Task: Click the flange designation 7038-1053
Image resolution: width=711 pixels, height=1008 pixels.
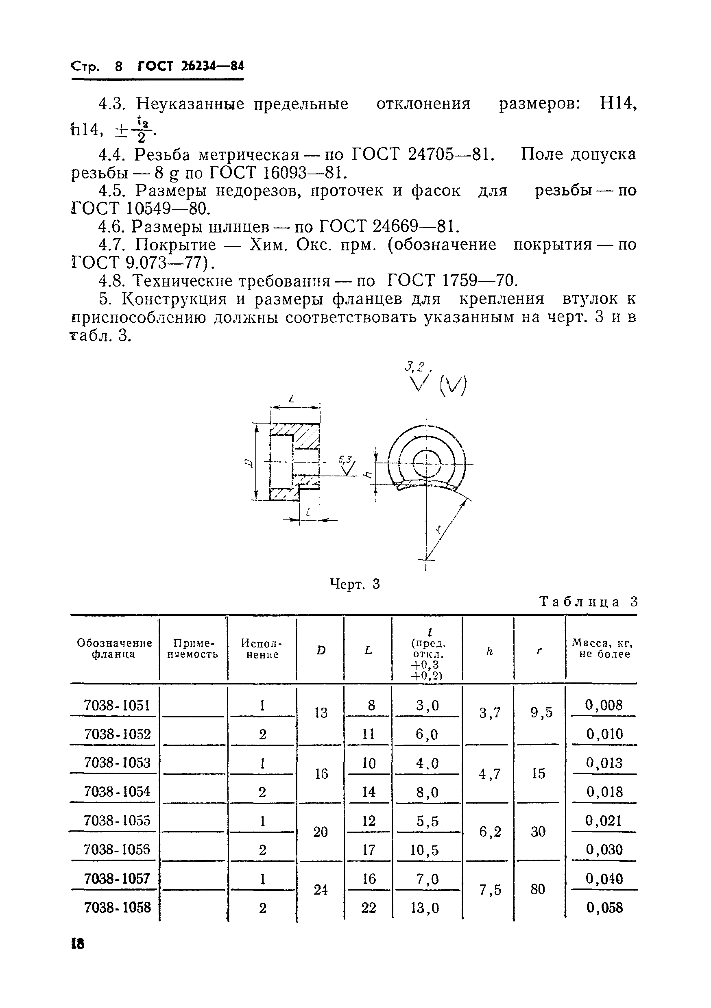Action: (117, 763)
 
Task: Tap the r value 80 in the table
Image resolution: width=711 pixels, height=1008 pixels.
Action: (537, 889)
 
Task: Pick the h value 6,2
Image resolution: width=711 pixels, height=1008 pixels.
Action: (490, 832)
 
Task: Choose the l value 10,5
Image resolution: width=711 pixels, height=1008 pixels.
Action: (425, 850)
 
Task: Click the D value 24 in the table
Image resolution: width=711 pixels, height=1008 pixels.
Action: (321, 889)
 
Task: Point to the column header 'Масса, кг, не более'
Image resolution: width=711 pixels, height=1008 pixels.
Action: (602, 648)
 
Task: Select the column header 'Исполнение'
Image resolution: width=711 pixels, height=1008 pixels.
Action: (262, 648)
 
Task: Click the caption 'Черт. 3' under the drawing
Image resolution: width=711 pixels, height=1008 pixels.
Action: (355, 584)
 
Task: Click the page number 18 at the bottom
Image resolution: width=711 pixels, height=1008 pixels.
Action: (77, 943)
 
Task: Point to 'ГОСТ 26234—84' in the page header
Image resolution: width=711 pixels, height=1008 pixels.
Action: (191, 66)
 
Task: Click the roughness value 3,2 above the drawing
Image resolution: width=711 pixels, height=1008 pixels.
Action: (415, 366)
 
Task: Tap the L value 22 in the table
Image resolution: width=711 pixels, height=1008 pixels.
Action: (369, 908)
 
